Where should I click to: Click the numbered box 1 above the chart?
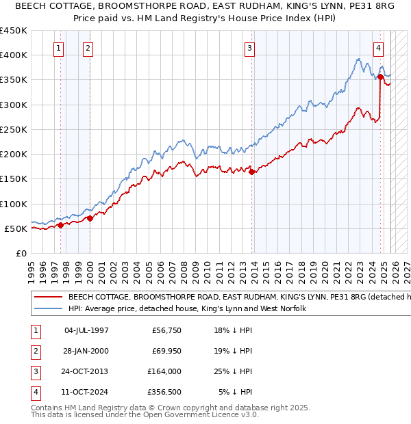coord(60,48)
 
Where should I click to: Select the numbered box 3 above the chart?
coord(250,48)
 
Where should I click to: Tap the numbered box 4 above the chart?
coord(378,48)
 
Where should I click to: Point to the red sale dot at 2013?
coord(251,172)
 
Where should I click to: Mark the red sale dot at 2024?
coord(380,77)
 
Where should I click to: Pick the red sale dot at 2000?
coord(90,218)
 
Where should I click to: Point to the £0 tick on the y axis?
coord(21,253)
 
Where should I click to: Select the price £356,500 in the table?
coord(164,392)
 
